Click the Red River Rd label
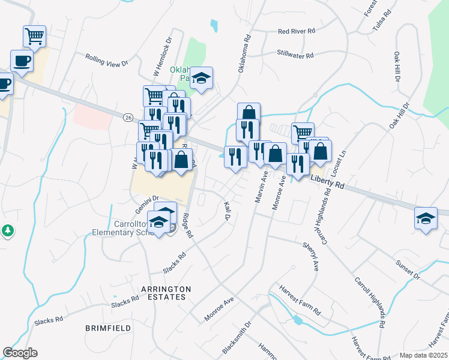point(297,31)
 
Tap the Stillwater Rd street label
point(295,55)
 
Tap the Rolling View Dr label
point(107,60)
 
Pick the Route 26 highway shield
point(128,118)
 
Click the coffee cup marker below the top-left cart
point(22,61)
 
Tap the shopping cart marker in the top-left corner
point(35,36)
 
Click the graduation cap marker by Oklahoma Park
point(202,78)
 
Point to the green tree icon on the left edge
point(7,230)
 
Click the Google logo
point(20,353)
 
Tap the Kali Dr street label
point(228,211)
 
